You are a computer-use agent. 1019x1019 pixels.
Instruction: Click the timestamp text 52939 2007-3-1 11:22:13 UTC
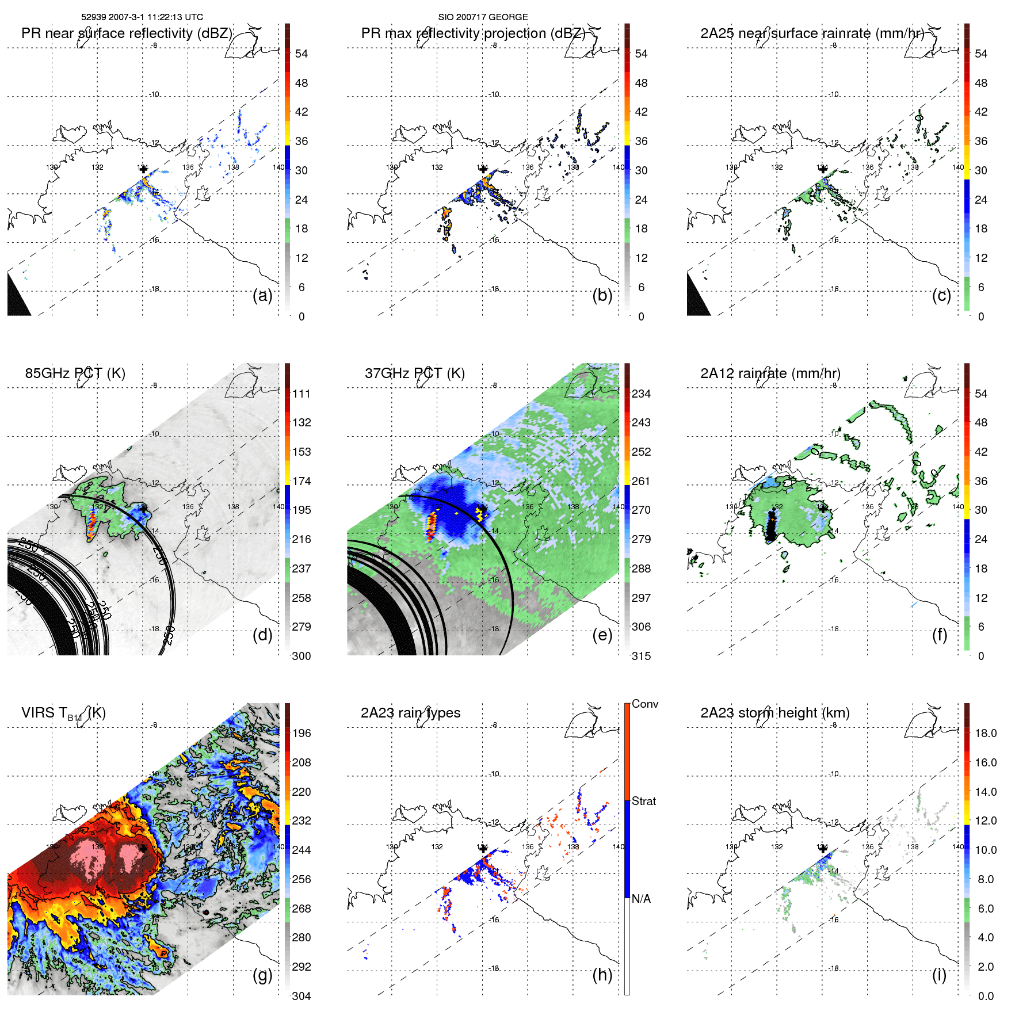(142, 17)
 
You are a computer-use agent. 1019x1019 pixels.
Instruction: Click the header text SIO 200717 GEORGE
(483, 17)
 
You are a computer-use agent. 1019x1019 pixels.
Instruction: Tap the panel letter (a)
(262, 295)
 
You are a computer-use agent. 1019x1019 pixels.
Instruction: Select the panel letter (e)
(602, 635)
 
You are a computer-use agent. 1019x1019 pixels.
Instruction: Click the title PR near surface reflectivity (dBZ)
(127, 33)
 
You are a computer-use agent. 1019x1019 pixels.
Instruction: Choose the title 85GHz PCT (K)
(75, 373)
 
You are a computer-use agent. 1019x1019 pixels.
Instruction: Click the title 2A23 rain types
(410, 713)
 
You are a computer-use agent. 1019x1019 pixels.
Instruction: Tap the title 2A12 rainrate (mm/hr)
(770, 373)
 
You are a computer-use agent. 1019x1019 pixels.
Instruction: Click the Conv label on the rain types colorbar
(644, 704)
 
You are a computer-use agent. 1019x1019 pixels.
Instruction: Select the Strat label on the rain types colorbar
(643, 802)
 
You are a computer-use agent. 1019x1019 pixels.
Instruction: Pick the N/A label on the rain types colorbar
(641, 899)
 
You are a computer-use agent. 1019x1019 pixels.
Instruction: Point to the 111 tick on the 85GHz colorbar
(301, 394)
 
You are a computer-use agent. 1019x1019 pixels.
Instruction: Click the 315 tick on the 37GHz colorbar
(641, 656)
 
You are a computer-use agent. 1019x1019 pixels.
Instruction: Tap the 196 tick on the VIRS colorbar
(301, 734)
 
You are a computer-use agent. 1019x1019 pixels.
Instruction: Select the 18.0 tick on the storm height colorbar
(985, 734)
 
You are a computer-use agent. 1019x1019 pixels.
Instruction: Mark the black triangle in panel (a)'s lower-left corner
(17, 299)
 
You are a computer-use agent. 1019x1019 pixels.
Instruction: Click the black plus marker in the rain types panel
(483, 848)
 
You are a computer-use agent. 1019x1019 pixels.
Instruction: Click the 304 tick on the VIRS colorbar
(301, 996)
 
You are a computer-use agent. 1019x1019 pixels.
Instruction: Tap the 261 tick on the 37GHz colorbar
(641, 481)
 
